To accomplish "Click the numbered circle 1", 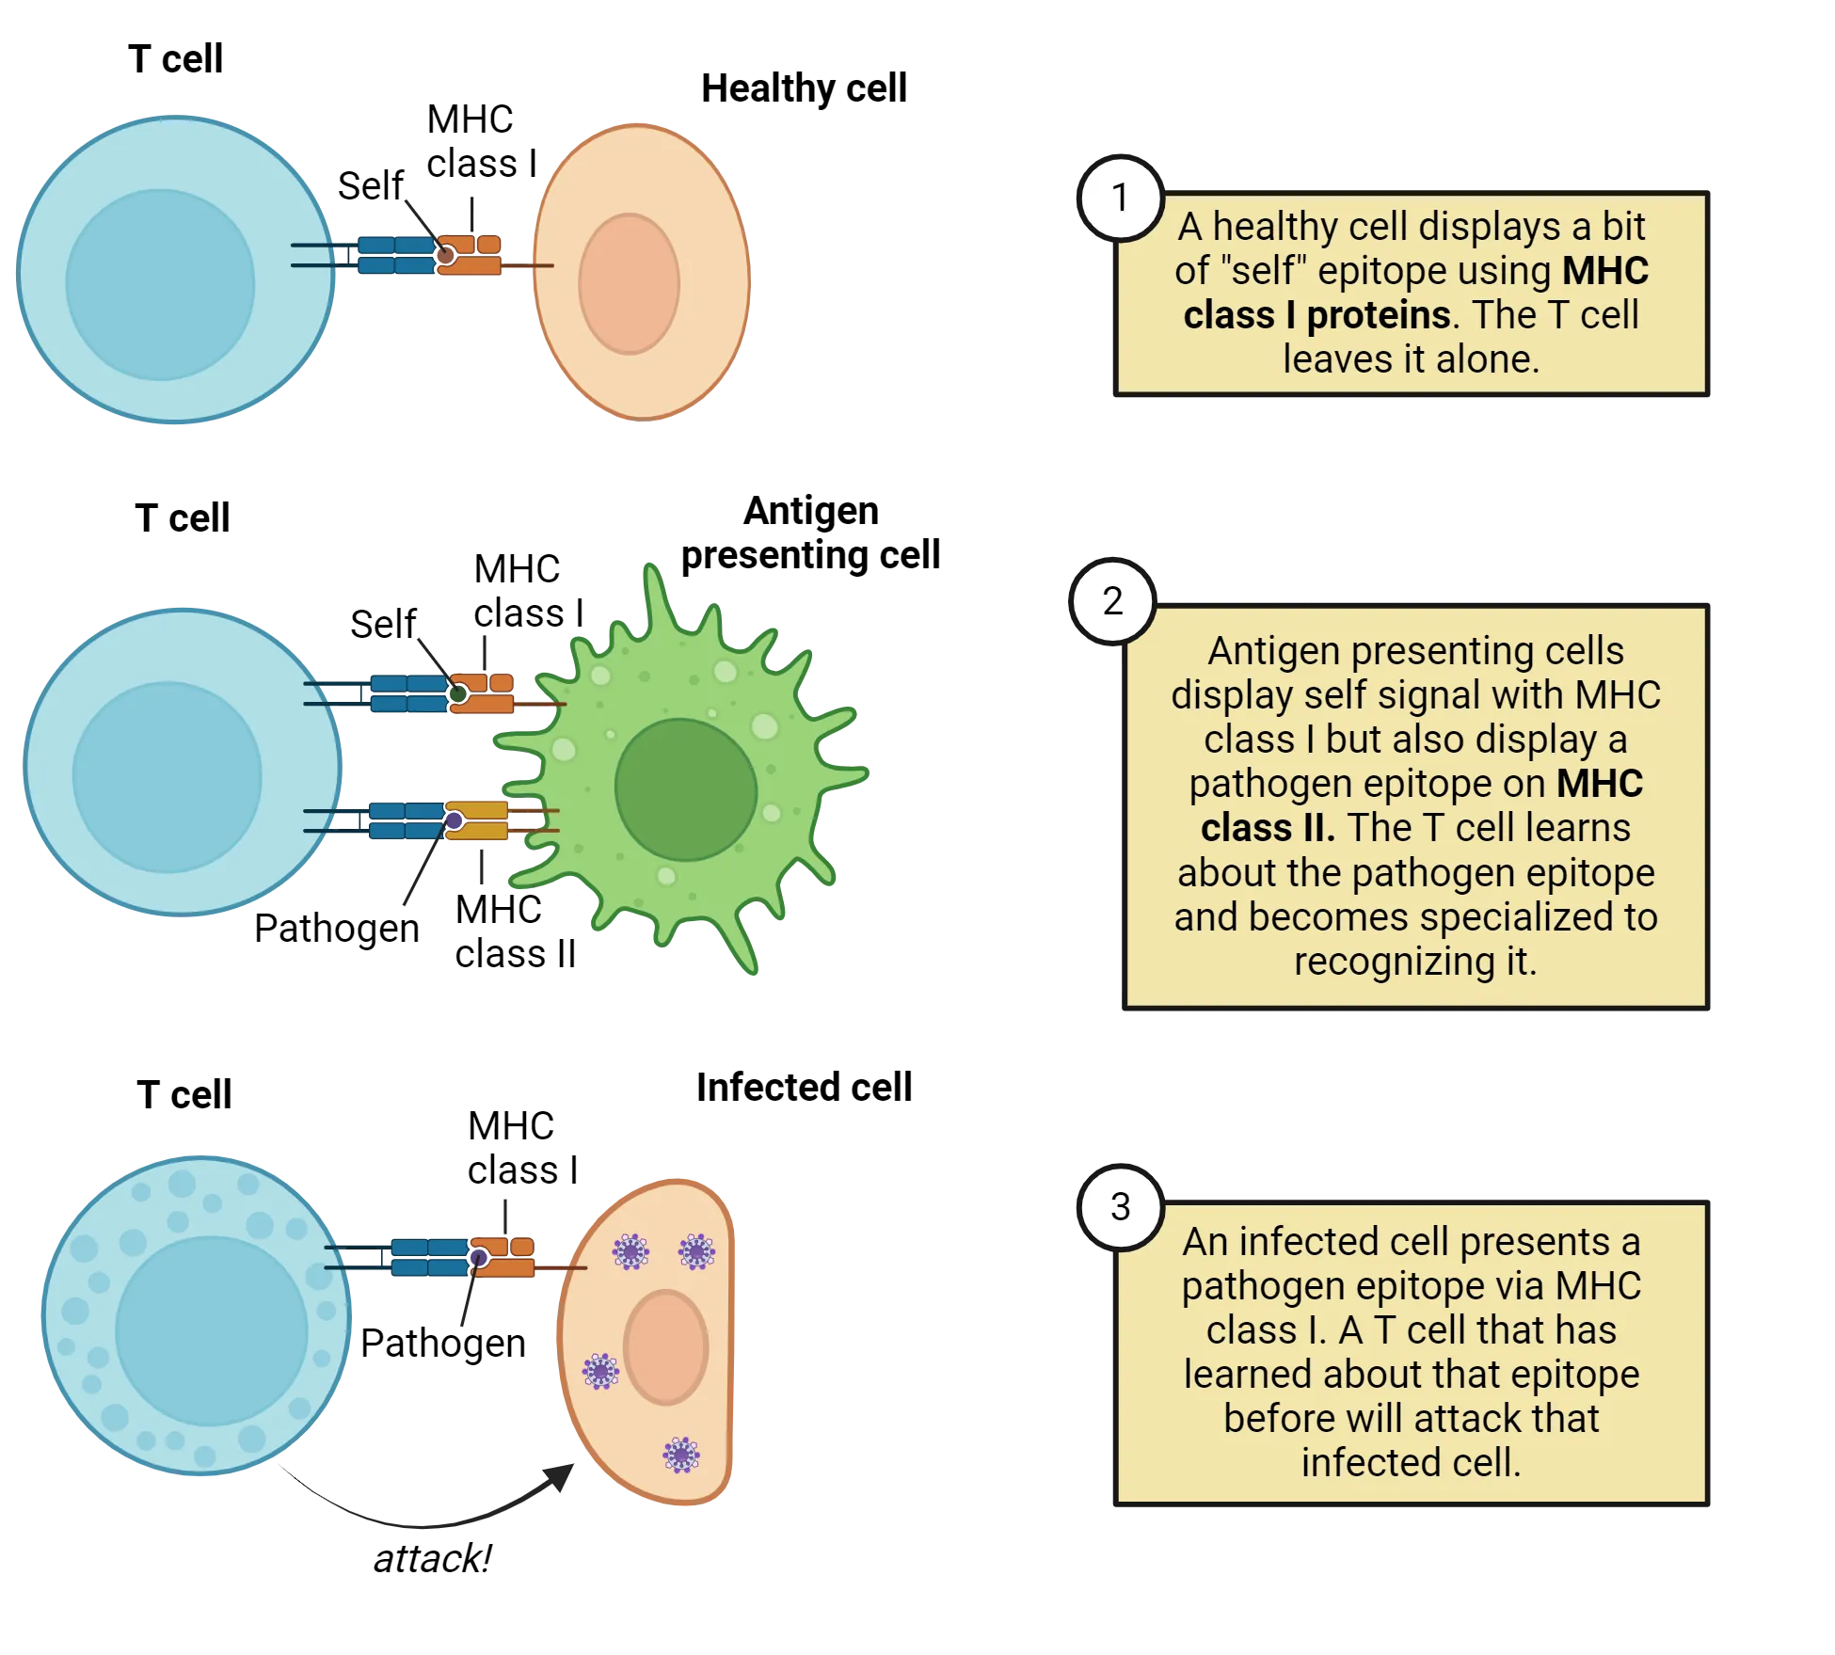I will pos(1119,199).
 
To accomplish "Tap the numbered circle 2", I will pos(1112,601).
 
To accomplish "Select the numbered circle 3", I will pos(1120,1207).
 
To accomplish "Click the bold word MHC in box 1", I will pos(1605,271).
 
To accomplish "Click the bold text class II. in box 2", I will pos(1267,828).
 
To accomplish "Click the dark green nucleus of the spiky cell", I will pos(685,789).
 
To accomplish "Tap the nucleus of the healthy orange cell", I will pos(629,284).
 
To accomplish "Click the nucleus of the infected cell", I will pos(665,1347).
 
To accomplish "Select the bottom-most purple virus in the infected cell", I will pos(680,1455).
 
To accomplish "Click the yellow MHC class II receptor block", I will pos(478,820).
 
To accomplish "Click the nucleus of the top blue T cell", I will pos(160,284).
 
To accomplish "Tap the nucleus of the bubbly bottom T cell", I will pos(211,1329).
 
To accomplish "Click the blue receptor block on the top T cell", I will pos(395,255).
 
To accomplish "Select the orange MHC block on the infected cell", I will pos(504,1257).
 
